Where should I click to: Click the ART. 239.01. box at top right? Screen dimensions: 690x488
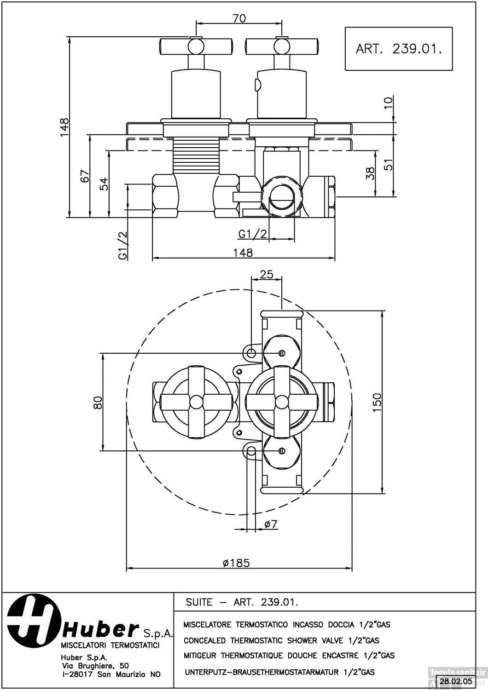399,48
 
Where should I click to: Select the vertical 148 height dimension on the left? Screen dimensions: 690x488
64,127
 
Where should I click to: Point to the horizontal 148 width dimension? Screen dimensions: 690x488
243,252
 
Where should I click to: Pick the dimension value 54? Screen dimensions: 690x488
105,184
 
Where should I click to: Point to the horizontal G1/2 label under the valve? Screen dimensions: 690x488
253,234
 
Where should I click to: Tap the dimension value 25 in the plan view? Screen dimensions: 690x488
267,274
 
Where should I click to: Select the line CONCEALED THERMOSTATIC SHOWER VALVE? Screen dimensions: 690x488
281,640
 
